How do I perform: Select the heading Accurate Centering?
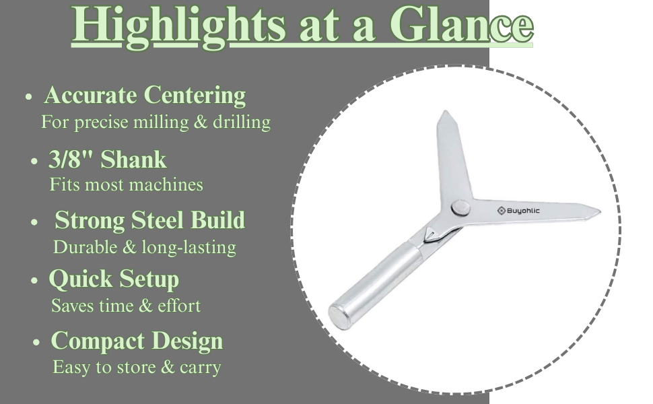[x=145, y=96]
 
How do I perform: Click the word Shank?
[x=134, y=160]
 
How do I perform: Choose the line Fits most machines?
[x=126, y=184]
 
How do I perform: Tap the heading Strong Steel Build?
[x=150, y=220]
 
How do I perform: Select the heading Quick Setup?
[x=114, y=279]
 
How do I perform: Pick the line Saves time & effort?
[x=126, y=306]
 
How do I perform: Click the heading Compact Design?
[x=137, y=341]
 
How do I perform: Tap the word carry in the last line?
[x=201, y=368]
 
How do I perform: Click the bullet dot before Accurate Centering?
[x=28, y=97]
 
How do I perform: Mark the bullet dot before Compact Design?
[x=36, y=343]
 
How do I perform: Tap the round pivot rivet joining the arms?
[x=460, y=207]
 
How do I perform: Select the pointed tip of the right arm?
[x=600, y=211]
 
